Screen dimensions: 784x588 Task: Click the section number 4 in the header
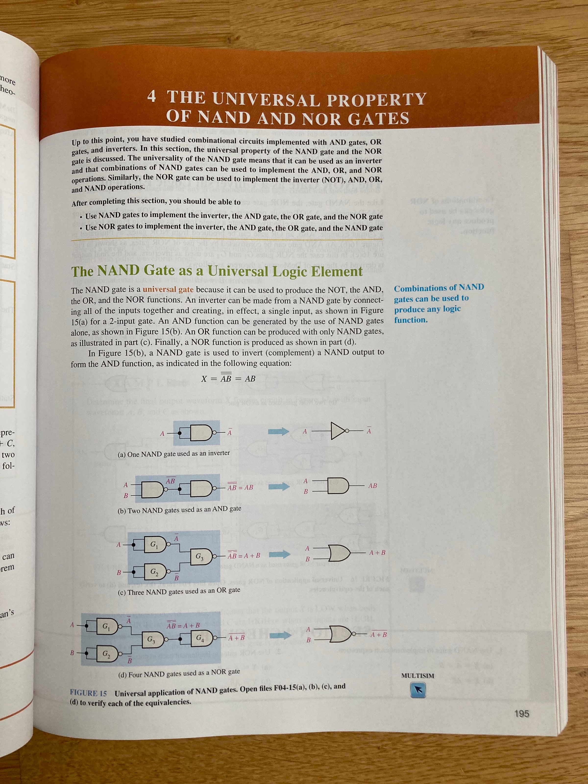point(151,96)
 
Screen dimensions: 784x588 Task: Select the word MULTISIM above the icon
point(417,675)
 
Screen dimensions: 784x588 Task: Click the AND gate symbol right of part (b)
point(339,486)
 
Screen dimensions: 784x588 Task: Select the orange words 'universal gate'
point(168,290)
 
